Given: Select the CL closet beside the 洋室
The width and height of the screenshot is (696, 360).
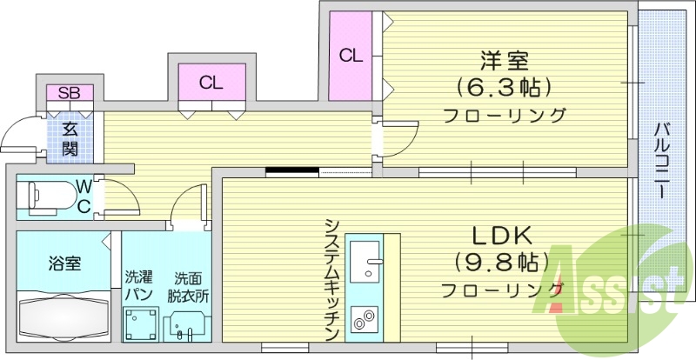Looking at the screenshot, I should coord(350,57).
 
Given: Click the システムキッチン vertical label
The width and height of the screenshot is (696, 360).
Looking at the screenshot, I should coord(331,278).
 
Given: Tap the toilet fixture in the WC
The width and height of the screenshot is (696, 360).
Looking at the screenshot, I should coord(48,197).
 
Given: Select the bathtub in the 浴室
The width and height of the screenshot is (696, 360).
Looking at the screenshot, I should coord(63,317).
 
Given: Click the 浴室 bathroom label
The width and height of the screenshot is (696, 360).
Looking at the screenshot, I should coord(64,263).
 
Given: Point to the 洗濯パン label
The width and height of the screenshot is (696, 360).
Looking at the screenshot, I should coord(138,285).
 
